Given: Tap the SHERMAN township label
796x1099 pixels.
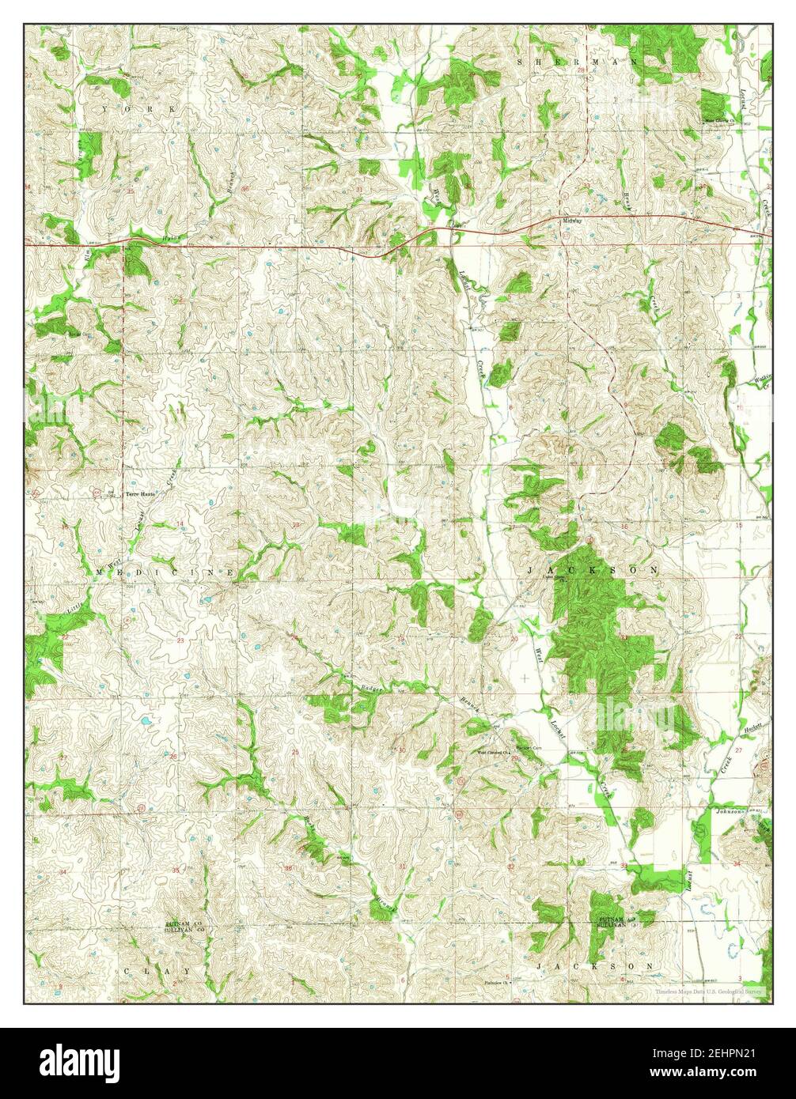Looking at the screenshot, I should click(x=555, y=61).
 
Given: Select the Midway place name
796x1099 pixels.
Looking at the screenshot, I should click(x=572, y=221).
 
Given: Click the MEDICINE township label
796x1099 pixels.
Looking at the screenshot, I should click(x=165, y=571).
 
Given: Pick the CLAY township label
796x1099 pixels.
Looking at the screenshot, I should click(x=157, y=969).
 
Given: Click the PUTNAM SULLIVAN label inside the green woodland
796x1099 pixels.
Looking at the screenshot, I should click(x=616, y=921).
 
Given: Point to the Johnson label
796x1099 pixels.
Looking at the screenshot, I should click(x=732, y=811).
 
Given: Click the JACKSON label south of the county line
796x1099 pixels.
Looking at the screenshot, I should click(x=593, y=966).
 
